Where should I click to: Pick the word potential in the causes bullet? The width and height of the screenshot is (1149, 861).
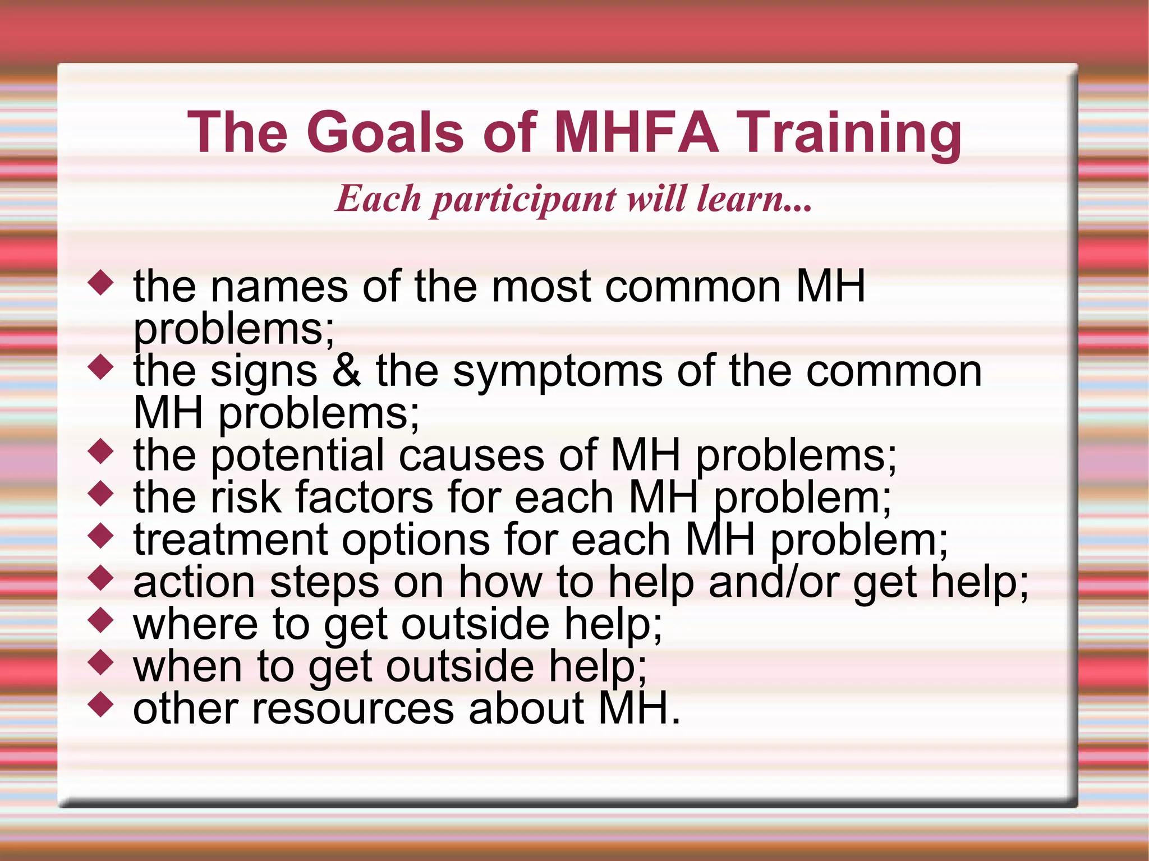[x=297, y=456]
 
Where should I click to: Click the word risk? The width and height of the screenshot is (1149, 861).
[x=245, y=498]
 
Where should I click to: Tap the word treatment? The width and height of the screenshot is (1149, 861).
[x=230, y=540]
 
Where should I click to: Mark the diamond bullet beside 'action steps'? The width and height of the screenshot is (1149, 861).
[x=101, y=578]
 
